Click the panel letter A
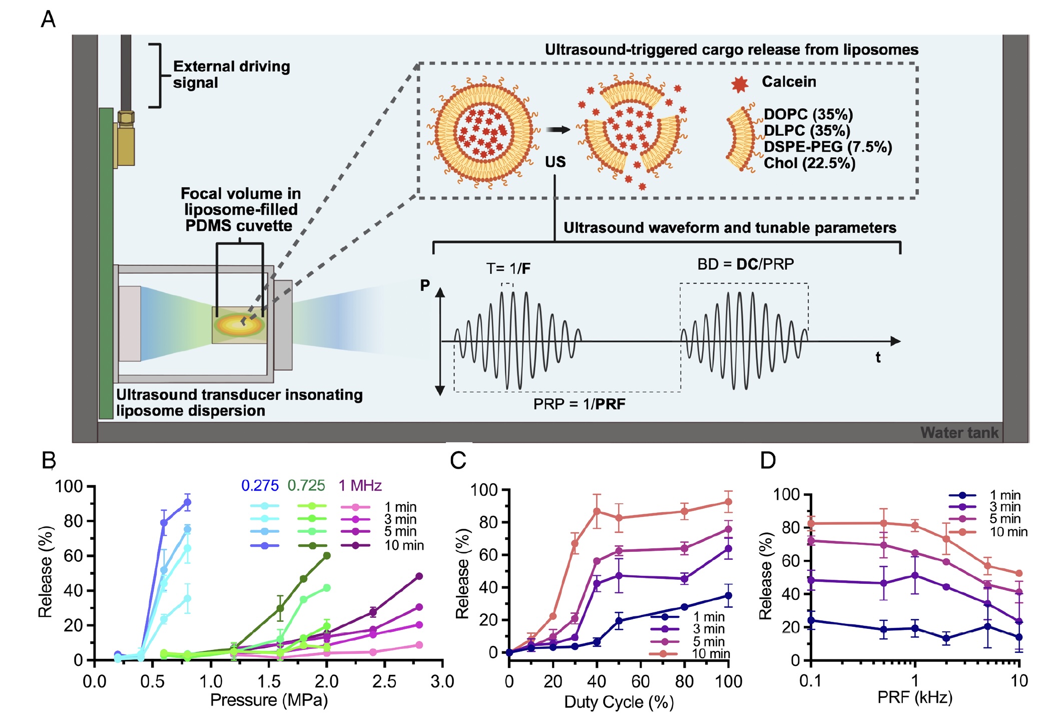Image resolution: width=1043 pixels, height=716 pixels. (x=48, y=20)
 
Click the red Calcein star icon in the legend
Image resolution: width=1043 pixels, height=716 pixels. (x=740, y=84)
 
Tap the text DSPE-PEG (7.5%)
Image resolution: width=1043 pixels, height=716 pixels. (x=828, y=147)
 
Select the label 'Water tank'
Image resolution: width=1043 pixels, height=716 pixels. (x=958, y=433)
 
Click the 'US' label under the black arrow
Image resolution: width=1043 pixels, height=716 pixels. (x=555, y=162)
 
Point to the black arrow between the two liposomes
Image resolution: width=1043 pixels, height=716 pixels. (x=558, y=130)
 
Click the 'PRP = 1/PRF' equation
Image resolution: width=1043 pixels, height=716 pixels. (x=579, y=404)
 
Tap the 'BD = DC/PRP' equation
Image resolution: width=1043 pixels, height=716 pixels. (x=745, y=264)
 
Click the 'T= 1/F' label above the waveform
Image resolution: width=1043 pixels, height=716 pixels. (x=508, y=269)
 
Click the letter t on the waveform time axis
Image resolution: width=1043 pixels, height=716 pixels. (x=878, y=357)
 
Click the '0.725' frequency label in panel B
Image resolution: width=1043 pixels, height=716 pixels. (x=306, y=485)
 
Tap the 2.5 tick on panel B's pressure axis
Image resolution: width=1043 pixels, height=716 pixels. (x=384, y=681)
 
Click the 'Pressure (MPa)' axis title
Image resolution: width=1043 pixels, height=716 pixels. (x=269, y=700)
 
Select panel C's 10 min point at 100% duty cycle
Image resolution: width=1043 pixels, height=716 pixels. (x=728, y=502)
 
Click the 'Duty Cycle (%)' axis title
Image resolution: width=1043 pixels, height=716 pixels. (x=619, y=702)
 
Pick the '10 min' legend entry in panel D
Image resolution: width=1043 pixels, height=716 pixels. (x=1008, y=532)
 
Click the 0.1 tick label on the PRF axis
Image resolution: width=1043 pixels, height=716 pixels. (x=810, y=681)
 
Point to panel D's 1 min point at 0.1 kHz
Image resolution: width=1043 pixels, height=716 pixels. (x=811, y=621)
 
